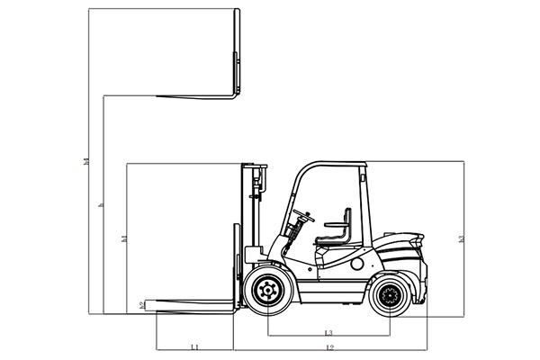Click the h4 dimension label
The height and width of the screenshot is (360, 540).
click(85, 162)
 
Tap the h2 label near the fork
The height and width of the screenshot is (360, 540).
click(141, 305)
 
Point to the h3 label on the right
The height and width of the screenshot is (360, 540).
click(461, 238)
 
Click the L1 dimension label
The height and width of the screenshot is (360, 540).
click(194, 346)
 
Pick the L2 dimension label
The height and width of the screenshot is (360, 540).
click(330, 346)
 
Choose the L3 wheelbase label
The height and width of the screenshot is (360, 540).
click(329, 332)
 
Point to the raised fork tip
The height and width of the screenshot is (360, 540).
click(160, 95)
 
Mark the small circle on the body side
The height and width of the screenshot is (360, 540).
click(356, 265)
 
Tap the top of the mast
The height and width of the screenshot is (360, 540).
click(253, 166)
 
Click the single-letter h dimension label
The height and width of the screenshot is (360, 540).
click(101, 206)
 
